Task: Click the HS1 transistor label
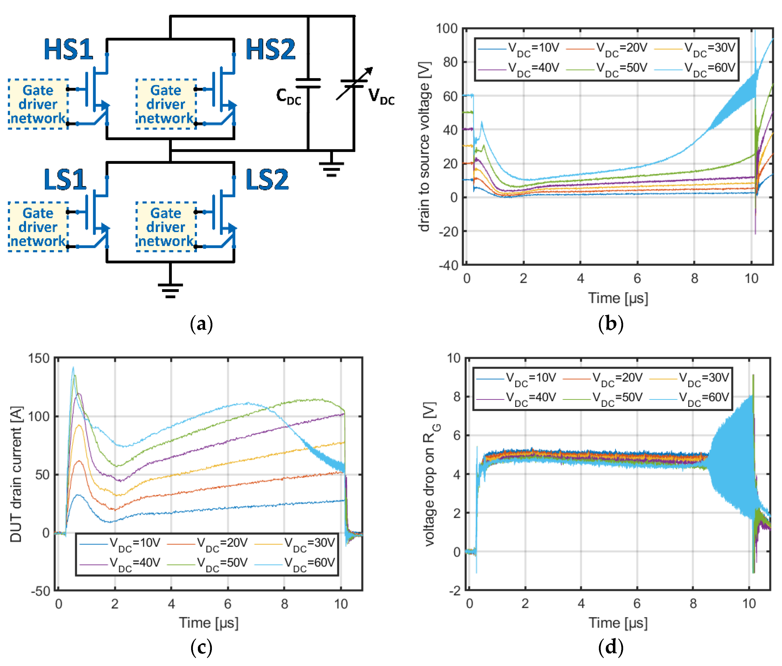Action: [68, 50]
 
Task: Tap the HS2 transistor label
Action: [270, 50]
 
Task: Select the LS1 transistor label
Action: [65, 179]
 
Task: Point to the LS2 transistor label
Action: [267, 179]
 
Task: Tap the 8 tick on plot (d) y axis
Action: [457, 397]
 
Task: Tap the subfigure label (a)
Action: [202, 324]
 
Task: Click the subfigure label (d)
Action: [611, 647]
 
